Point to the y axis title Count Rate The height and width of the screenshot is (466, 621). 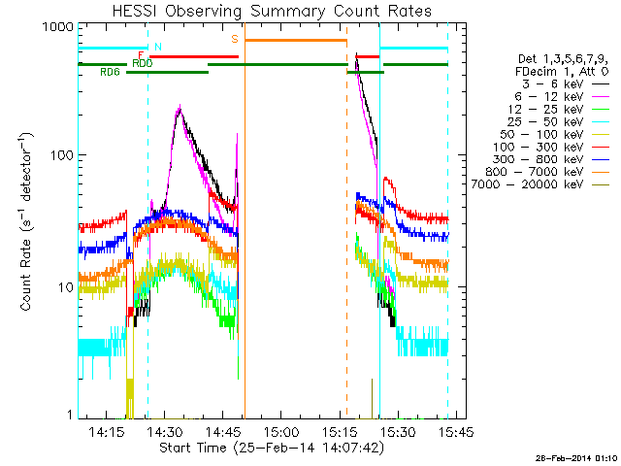pos(28,223)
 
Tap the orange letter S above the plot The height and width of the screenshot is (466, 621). pos(235,39)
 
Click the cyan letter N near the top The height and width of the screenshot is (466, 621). pos(157,47)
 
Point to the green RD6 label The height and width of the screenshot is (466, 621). pos(110,73)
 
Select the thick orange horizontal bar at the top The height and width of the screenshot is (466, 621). pos(295,40)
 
